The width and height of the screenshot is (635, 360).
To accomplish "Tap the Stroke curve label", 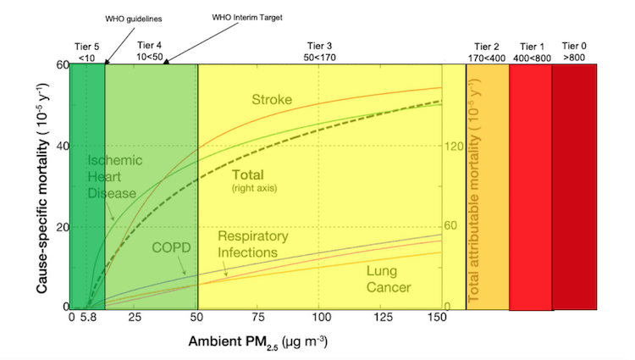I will pyautogui.click(x=272, y=100).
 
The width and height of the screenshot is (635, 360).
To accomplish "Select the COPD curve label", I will pyautogui.click(x=171, y=247).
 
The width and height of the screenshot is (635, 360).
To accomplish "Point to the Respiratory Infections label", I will pyautogui.click(x=253, y=244).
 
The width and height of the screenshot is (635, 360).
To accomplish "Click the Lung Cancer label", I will pyautogui.click(x=389, y=280).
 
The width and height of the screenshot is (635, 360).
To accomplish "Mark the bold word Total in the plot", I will pyautogui.click(x=248, y=174).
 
